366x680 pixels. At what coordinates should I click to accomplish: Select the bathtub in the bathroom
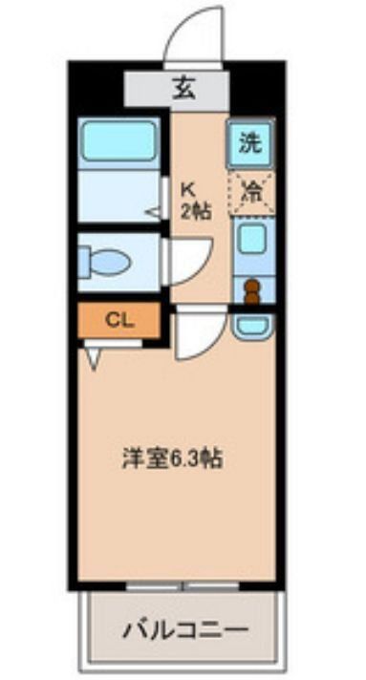(119, 141)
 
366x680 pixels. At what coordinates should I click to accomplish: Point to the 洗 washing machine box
(250, 144)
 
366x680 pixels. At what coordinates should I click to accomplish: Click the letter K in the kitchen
(188, 188)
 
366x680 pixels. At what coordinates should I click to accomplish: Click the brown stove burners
(251, 290)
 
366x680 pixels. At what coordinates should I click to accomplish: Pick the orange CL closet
(119, 320)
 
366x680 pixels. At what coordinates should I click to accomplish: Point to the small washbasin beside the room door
(252, 327)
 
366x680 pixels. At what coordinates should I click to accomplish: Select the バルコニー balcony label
(184, 630)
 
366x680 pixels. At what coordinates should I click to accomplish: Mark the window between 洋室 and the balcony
(183, 585)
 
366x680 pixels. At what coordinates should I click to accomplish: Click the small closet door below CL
(93, 356)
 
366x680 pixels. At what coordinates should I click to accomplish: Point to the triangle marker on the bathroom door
(152, 212)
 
